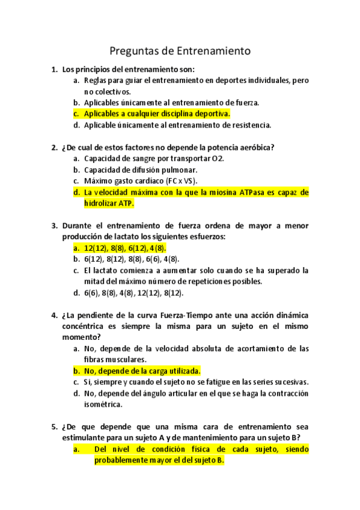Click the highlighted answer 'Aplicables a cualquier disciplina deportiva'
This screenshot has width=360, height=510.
(x=157, y=114)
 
